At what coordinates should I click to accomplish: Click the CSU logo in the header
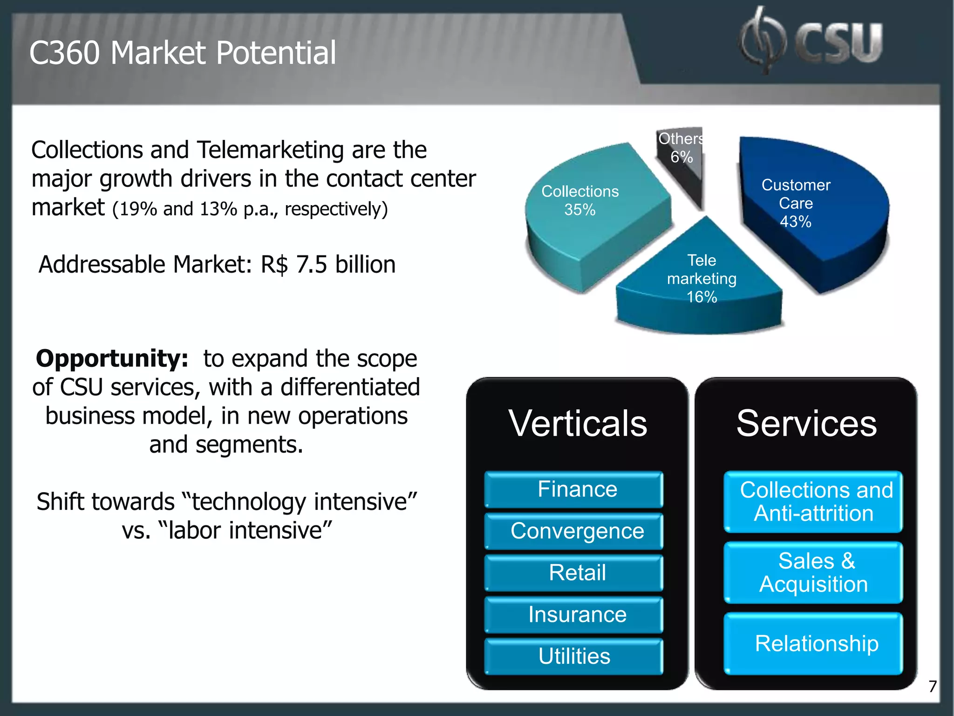(811, 41)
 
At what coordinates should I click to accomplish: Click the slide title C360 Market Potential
(182, 53)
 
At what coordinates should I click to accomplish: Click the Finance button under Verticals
(574, 489)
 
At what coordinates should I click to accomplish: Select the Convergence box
(574, 531)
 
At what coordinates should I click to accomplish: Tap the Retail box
(574, 573)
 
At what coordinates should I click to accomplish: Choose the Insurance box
(574, 615)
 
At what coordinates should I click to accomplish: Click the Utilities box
(574, 656)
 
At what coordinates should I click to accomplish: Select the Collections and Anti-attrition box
(813, 502)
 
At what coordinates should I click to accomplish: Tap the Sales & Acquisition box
(813, 572)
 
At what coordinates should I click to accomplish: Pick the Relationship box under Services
(813, 644)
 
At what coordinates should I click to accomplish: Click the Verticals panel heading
(578, 423)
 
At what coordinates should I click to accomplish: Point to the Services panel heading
(806, 423)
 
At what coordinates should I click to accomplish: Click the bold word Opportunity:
(112, 359)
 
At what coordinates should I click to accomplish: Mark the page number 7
(932, 687)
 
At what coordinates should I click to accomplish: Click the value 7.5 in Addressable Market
(311, 265)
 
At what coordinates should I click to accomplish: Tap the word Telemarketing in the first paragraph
(271, 150)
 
